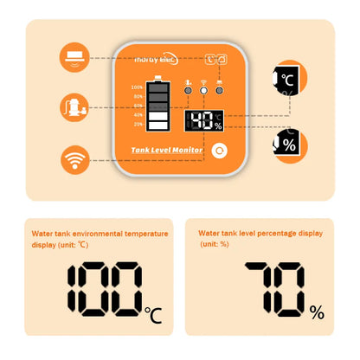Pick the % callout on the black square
coord(287,144)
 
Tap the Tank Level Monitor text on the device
coord(166,150)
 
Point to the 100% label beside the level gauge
coord(137,87)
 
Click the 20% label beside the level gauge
coord(137,124)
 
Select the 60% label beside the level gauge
coord(137,106)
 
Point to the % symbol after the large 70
coord(318,312)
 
